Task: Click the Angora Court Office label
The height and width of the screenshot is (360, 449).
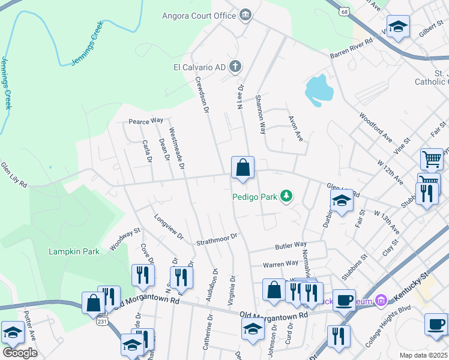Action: [199, 15]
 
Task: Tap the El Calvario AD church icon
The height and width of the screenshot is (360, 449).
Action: [237, 67]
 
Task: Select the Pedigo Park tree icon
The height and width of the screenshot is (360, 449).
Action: [287, 196]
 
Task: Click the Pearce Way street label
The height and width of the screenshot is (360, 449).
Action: [146, 121]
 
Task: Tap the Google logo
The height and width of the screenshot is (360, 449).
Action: [19, 352]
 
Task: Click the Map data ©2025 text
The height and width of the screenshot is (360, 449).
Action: [424, 355]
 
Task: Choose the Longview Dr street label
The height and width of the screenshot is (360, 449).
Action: [168, 227]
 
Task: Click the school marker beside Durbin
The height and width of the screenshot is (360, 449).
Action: [341, 202]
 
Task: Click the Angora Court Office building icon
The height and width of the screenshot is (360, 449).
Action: [245, 15]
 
